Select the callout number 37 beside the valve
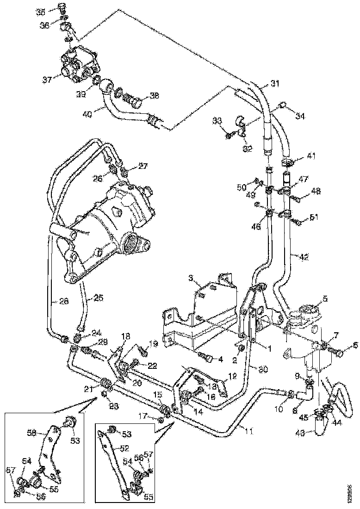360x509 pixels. pyautogui.click(x=47, y=79)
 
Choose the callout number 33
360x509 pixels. pyautogui.click(x=217, y=121)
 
